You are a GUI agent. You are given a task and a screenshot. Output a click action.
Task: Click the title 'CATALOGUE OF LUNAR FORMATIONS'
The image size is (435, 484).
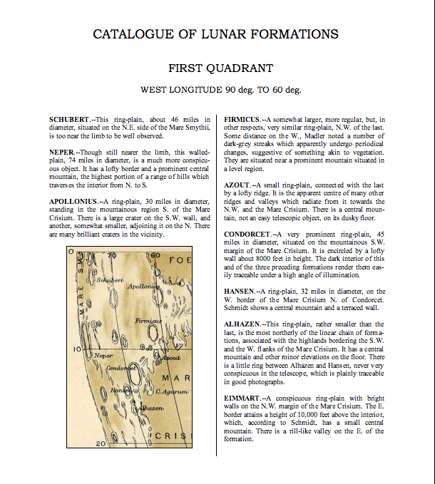216,34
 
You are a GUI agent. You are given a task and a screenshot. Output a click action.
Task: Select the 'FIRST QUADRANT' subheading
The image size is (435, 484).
220,68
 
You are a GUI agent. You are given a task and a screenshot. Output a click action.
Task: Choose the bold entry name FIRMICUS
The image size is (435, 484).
243,118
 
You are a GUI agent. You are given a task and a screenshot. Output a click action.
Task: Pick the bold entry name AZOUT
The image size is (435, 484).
237,185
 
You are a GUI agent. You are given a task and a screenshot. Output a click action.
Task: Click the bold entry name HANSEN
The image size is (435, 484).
240,291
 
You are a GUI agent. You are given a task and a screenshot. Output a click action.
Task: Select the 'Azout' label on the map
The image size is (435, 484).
170,356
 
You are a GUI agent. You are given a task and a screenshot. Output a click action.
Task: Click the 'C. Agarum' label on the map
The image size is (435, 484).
175,392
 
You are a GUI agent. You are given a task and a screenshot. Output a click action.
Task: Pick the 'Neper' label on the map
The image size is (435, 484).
103,355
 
